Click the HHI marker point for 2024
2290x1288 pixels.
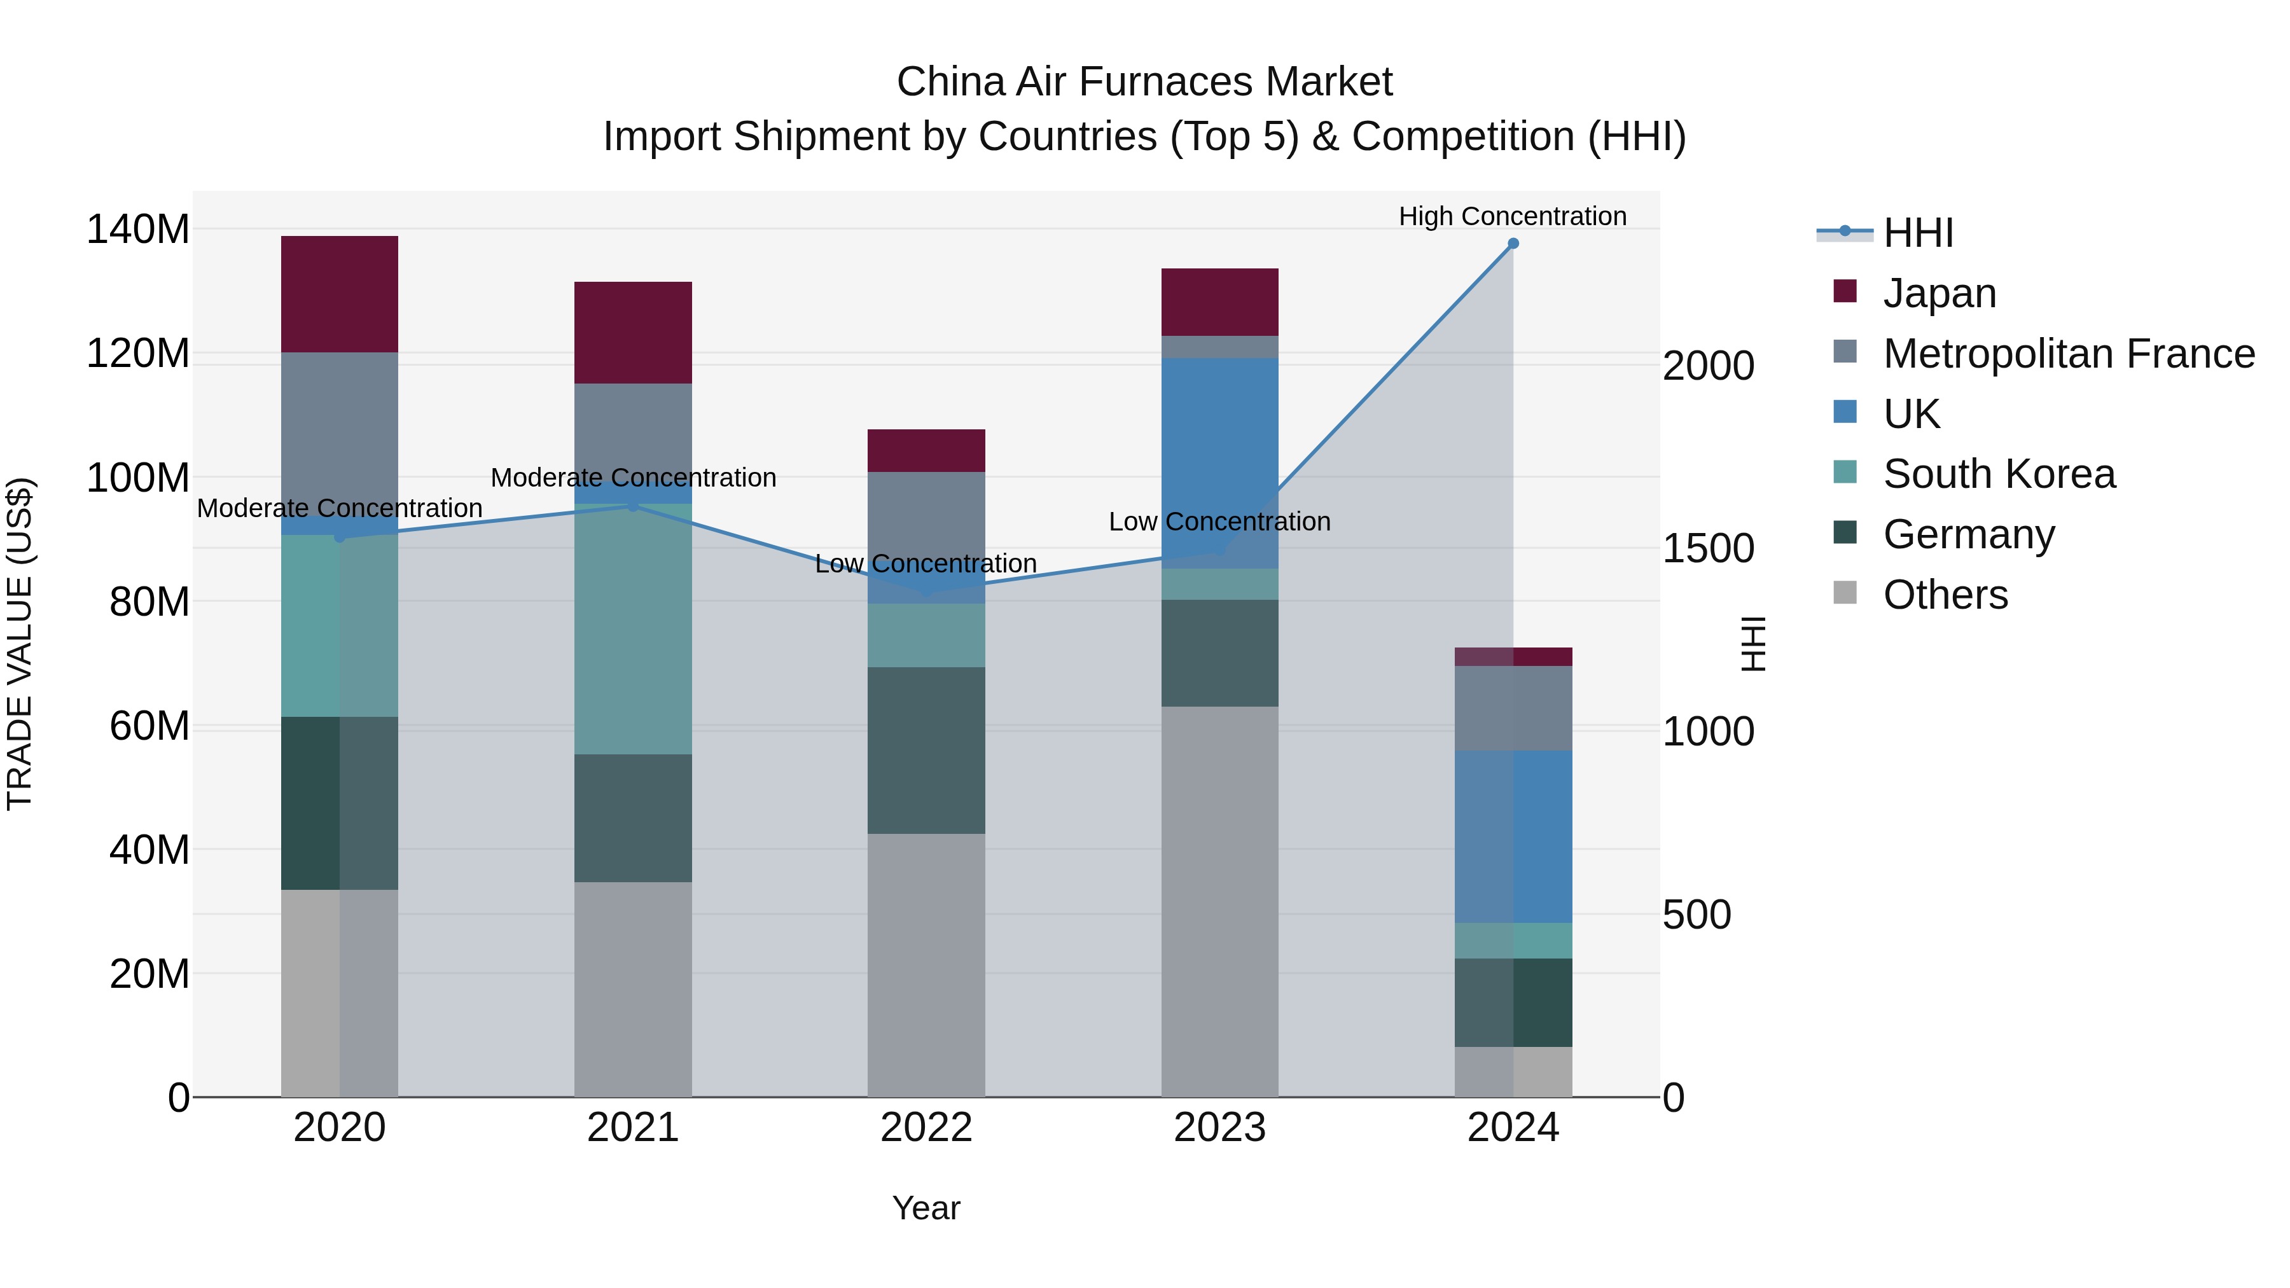pos(1513,244)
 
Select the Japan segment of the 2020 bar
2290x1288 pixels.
pos(340,294)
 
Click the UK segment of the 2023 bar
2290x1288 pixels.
pos(1219,462)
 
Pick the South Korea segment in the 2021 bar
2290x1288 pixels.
pos(633,628)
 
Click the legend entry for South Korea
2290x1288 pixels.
pos(1999,474)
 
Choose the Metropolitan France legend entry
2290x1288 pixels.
pos(2068,354)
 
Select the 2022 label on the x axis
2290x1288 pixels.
pos(926,1127)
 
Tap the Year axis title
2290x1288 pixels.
pos(926,1208)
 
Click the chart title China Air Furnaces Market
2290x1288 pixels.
pos(1144,82)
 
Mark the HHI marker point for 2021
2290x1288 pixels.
pos(633,506)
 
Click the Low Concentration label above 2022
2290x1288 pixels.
pos(926,564)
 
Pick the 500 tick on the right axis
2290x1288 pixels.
pos(1696,915)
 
